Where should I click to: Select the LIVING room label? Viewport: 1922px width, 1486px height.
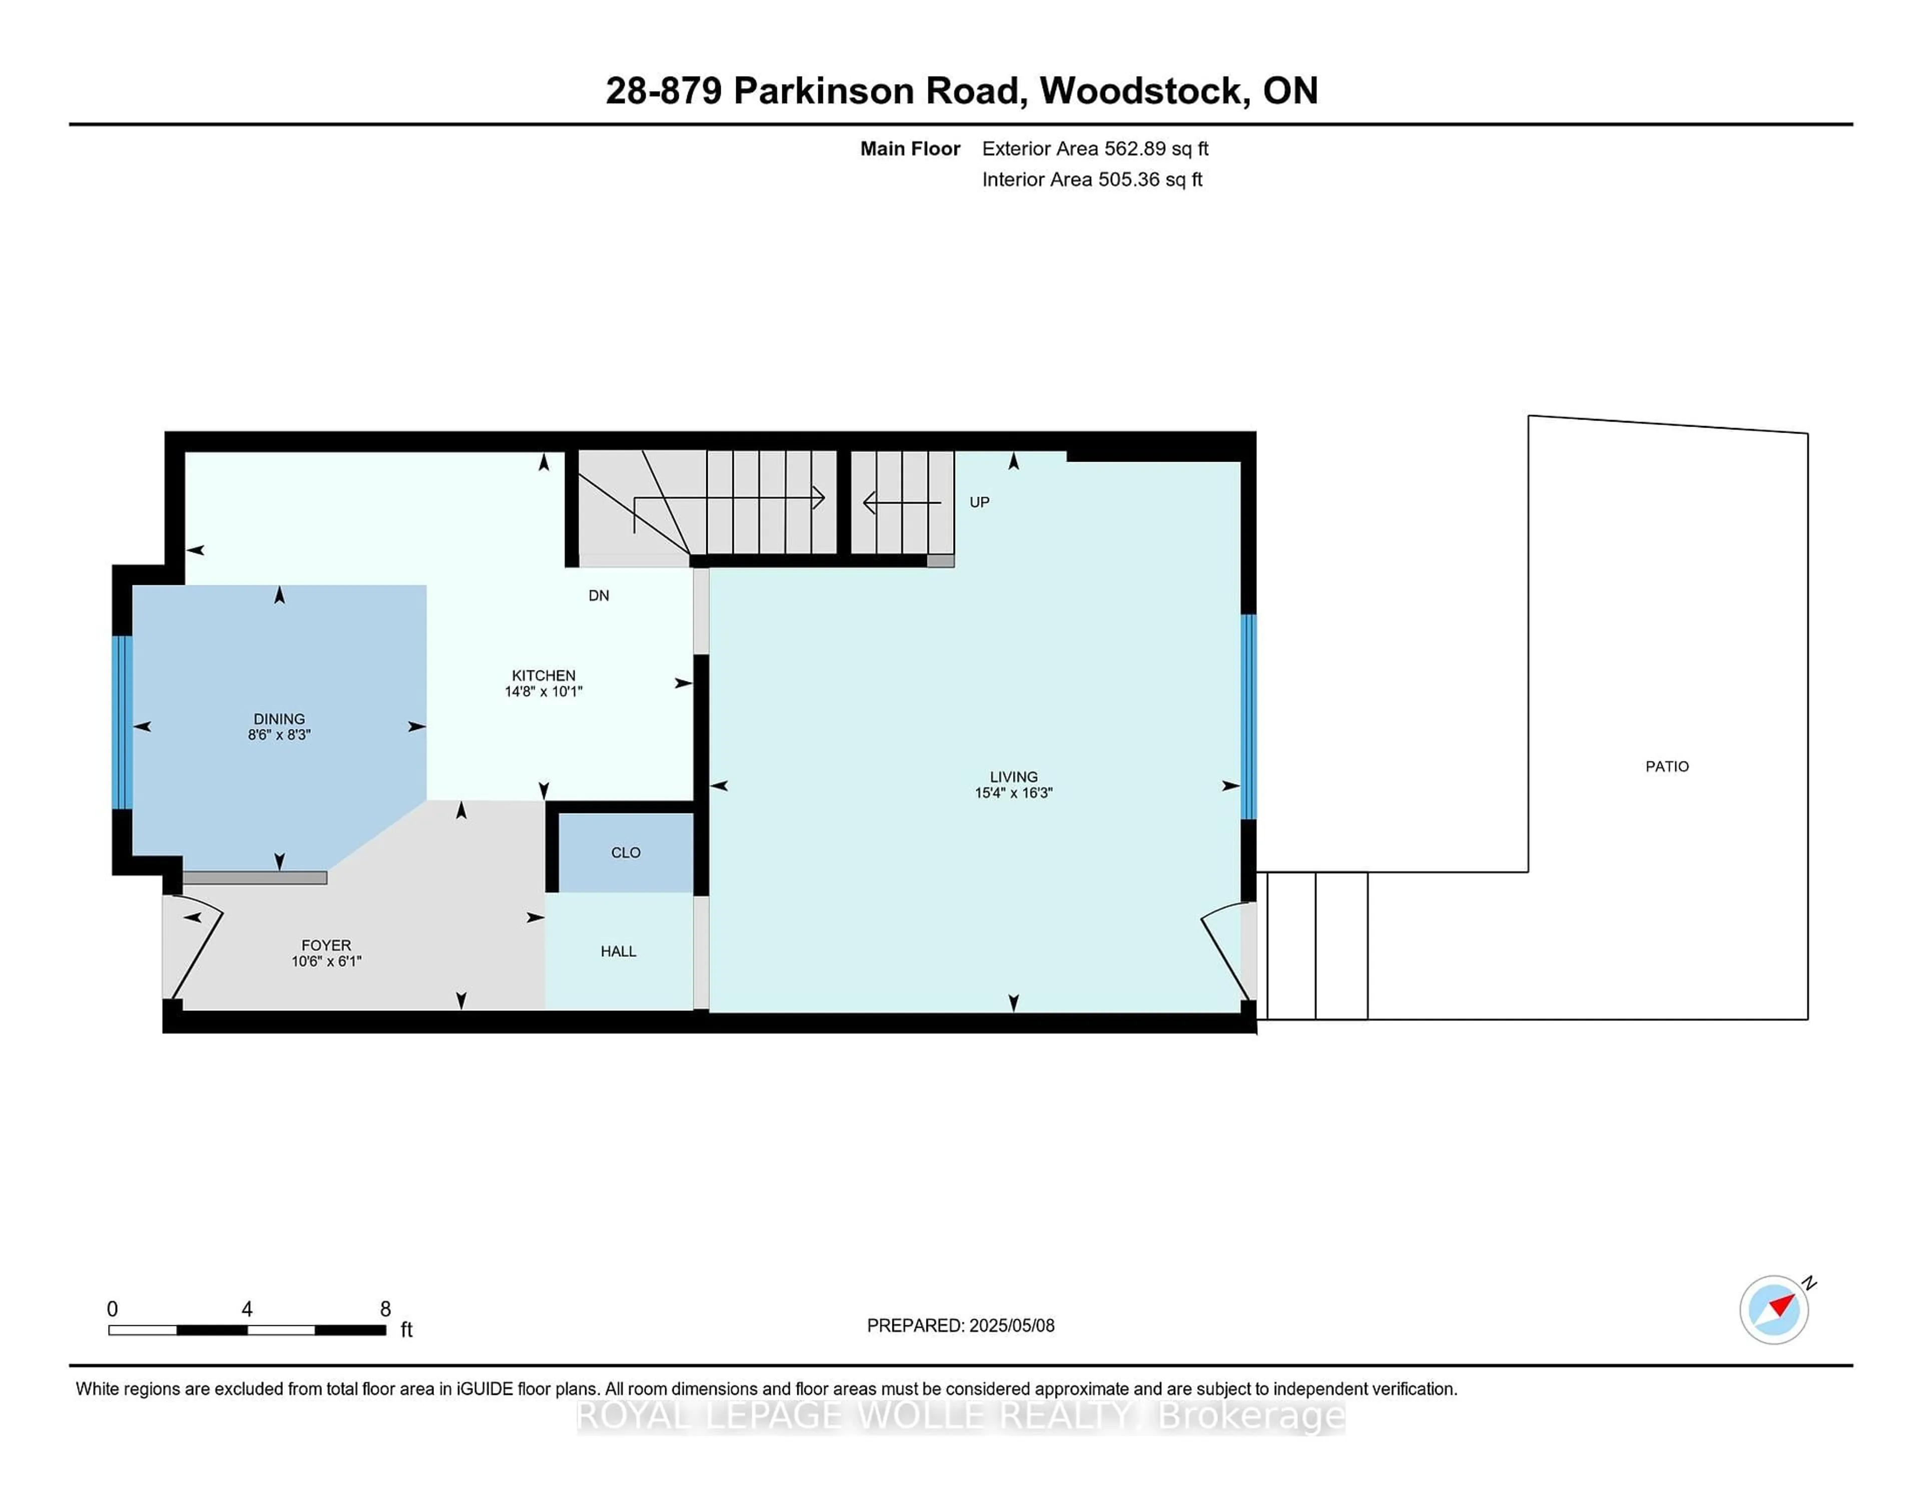pyautogui.click(x=1014, y=777)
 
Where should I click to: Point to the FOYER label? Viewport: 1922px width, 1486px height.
pyautogui.click(x=326, y=945)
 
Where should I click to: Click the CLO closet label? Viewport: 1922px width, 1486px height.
pyautogui.click(x=626, y=852)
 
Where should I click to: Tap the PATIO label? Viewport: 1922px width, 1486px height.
pyautogui.click(x=1667, y=766)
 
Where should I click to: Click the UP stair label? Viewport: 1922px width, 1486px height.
pyautogui.click(x=980, y=502)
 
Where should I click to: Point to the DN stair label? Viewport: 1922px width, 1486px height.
pyautogui.click(x=599, y=595)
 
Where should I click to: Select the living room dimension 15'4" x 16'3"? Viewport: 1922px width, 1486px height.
pyautogui.click(x=1014, y=792)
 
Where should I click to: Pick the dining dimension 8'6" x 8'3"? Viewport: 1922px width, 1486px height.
pyautogui.click(x=279, y=734)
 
